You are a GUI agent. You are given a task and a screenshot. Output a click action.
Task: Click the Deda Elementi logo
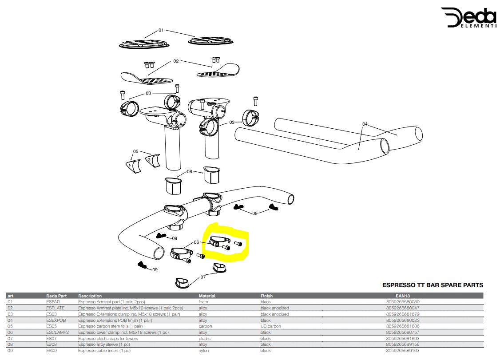pos(468,18)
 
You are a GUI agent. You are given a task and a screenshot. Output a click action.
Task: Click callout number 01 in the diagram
pos(161,30)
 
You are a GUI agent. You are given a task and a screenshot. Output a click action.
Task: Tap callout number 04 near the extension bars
pos(365,124)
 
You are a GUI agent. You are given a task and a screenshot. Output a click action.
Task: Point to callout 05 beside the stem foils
pos(136,151)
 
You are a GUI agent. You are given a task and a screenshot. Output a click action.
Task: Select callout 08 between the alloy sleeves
pos(190,171)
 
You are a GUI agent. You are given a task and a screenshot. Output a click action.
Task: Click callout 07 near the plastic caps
pos(203,277)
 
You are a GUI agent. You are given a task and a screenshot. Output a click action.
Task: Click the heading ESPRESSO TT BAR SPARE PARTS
pos(433,285)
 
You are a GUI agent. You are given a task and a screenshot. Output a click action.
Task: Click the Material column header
pos(207,296)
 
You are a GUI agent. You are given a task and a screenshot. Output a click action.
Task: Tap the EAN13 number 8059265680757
pos(403,332)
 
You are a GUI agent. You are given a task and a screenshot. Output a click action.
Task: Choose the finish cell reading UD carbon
pos(271,326)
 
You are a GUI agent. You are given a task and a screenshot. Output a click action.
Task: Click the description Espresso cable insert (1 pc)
pos(104,351)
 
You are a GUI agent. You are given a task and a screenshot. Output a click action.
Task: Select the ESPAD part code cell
pos(53,302)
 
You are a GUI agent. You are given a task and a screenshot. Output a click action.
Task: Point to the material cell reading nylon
pos(204,351)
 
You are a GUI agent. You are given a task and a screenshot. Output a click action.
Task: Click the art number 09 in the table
pos(10,351)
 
